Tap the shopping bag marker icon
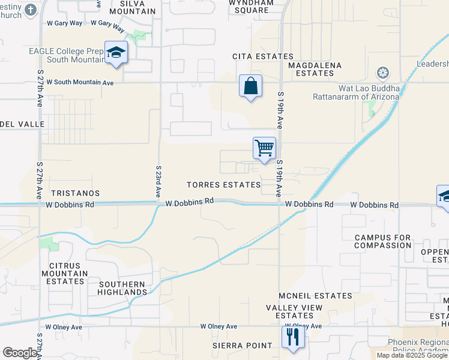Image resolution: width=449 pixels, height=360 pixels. (250, 86)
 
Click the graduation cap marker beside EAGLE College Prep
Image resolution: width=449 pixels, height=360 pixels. (116, 53)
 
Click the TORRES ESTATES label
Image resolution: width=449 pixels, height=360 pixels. (223, 185)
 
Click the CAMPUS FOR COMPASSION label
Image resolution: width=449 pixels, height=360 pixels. (383, 242)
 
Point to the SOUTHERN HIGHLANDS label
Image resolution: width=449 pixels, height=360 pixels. (122, 288)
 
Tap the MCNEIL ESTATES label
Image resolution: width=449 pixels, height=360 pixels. (315, 296)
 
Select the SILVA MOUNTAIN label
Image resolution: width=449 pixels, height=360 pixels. (133, 7)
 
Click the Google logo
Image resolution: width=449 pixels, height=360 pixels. (20, 353)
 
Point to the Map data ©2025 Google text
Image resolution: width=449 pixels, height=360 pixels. (412, 355)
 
